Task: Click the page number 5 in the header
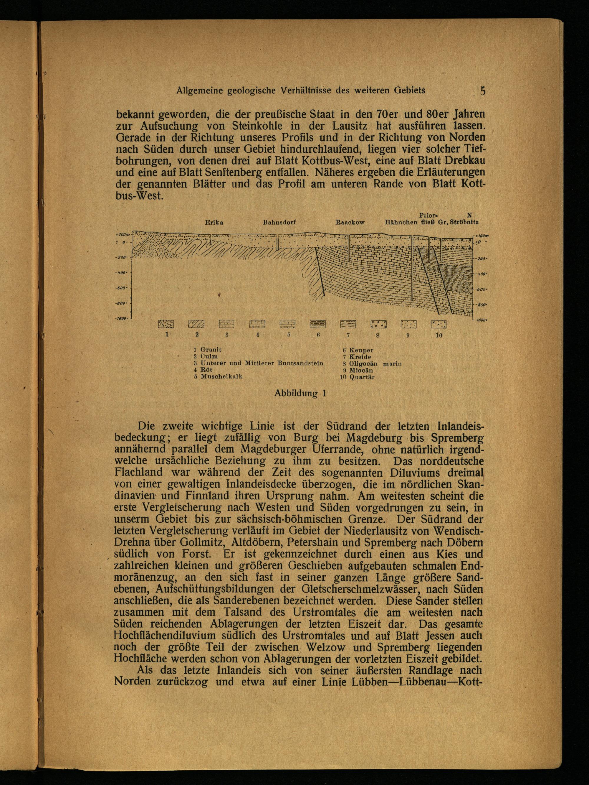pyautogui.click(x=482, y=90)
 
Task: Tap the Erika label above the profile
pyautogui.click(x=214, y=223)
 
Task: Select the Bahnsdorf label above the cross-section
pyautogui.click(x=279, y=223)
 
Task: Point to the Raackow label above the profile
pyautogui.click(x=350, y=223)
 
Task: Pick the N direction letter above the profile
pyautogui.click(x=469, y=215)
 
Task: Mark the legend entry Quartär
pyautogui.click(x=362, y=377)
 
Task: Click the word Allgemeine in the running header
pyautogui.click(x=200, y=91)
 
